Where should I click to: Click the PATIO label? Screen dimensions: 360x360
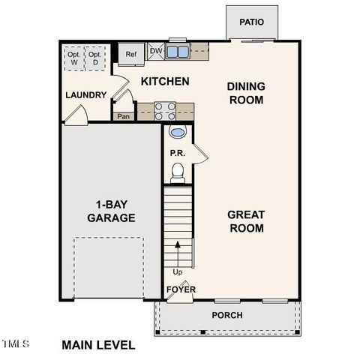(252, 22)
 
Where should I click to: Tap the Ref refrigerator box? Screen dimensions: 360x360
(130, 54)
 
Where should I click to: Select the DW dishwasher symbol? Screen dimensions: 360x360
(156, 51)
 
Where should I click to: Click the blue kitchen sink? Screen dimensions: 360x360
(178, 52)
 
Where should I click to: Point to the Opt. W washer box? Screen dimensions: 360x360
(73, 58)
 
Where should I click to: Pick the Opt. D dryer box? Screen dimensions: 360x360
(94, 58)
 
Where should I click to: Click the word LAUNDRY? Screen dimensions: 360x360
(85, 95)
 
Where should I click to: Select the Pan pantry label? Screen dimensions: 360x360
(123, 116)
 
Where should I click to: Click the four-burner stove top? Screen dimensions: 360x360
(165, 111)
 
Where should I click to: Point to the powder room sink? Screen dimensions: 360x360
(178, 133)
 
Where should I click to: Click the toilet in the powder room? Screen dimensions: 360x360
(178, 173)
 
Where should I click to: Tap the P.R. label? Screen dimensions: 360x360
(177, 153)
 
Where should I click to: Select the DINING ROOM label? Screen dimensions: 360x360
(246, 92)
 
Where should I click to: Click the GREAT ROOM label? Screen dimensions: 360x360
(246, 221)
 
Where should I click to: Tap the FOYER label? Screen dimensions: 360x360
(180, 288)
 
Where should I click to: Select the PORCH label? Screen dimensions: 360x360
(227, 315)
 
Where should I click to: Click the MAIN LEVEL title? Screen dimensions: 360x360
(98, 345)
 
